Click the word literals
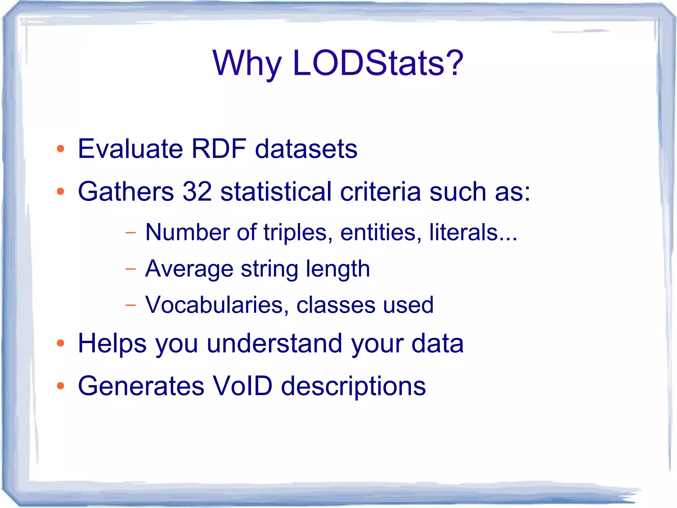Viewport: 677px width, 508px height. point(464,232)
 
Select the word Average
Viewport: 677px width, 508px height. point(189,268)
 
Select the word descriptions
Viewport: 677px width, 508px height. point(353,386)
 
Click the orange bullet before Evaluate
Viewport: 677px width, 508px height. point(60,149)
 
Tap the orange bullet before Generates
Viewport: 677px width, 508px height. point(60,386)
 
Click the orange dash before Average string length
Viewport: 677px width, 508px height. point(131,269)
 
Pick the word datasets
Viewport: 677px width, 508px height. point(306,149)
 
